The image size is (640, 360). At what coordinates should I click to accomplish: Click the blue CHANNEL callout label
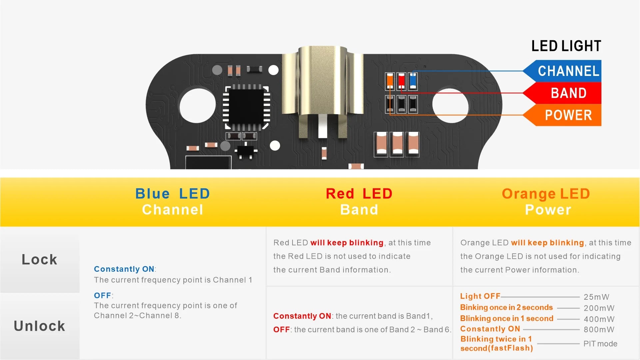[x=568, y=71]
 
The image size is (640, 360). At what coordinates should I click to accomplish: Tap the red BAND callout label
[x=568, y=93]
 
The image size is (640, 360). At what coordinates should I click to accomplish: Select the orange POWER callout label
[x=568, y=115]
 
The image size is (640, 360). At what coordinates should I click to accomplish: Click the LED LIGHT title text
[x=566, y=46]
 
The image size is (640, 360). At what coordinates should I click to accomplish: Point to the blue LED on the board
[x=413, y=81]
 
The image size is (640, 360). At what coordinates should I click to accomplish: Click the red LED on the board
[x=401, y=81]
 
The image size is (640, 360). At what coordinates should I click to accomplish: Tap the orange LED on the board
[x=390, y=81]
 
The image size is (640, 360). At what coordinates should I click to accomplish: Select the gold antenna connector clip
[x=322, y=87]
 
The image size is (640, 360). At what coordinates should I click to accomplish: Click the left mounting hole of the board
[x=198, y=106]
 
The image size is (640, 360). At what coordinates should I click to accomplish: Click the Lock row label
[x=40, y=259]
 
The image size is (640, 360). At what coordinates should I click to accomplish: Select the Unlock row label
[x=40, y=326]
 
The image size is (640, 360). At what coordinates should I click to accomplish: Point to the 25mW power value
[x=596, y=297]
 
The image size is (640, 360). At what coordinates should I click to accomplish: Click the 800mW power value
[x=599, y=330]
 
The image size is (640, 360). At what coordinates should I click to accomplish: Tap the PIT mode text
[x=600, y=344]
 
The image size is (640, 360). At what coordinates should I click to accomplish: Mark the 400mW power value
[x=599, y=319]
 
